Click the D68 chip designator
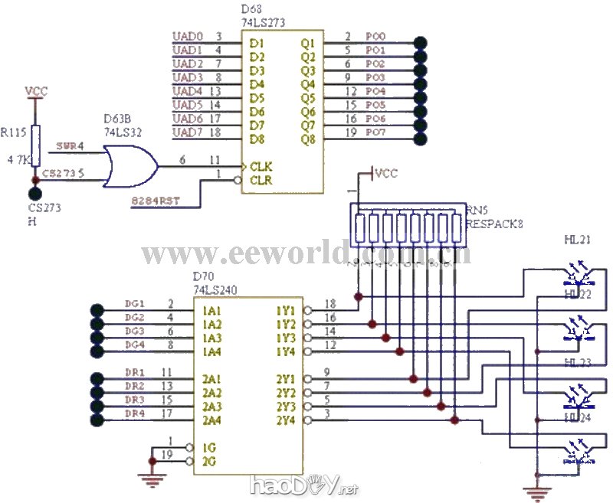[251, 9]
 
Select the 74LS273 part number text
[263, 22]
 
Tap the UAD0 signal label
[188, 36]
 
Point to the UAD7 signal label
[188, 133]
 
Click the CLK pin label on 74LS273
[262, 166]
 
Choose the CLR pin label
[262, 181]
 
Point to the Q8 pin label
[308, 139]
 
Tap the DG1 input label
[135, 304]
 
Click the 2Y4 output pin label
[285, 420]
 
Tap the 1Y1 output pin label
[285, 310]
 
